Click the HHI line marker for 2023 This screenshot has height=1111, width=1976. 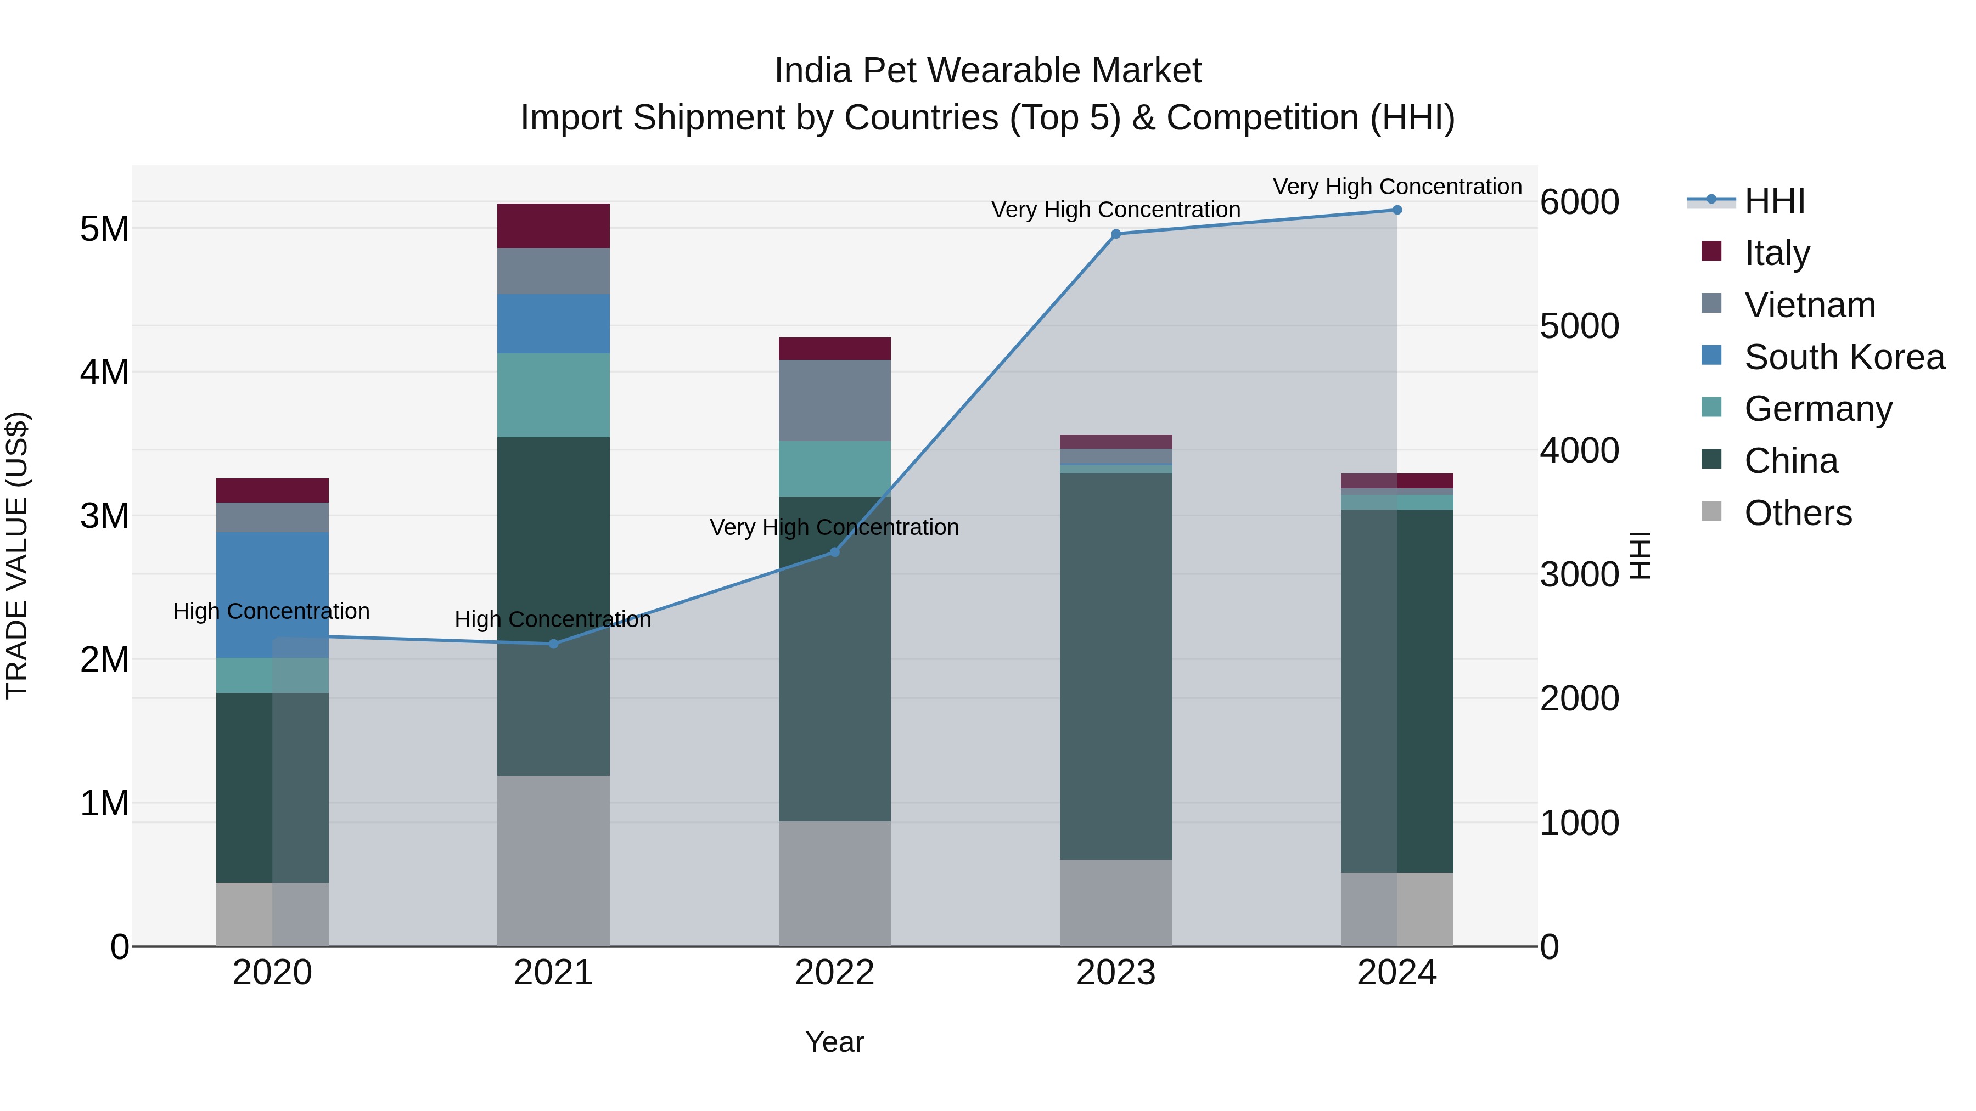(1115, 234)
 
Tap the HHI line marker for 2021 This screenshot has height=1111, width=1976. (553, 644)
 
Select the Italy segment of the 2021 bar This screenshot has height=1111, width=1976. (553, 225)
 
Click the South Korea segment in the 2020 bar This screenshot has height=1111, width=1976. (272, 594)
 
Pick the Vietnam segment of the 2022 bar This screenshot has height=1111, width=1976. (834, 401)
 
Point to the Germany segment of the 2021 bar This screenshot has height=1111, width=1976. (553, 395)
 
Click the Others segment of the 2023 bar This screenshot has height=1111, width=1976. (1115, 903)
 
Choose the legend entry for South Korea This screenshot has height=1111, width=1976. (1844, 357)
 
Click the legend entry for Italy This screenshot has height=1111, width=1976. (1777, 253)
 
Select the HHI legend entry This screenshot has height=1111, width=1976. (1774, 201)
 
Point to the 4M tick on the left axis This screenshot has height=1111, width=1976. (104, 373)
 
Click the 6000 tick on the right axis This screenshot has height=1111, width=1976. (1579, 202)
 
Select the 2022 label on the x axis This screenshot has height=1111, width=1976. (834, 973)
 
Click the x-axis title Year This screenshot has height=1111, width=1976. (834, 1042)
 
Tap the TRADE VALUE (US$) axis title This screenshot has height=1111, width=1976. (17, 555)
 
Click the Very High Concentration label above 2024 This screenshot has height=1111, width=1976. (1397, 187)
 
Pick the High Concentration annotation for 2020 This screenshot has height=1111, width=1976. (272, 611)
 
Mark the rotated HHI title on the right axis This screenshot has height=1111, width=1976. (1638, 555)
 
